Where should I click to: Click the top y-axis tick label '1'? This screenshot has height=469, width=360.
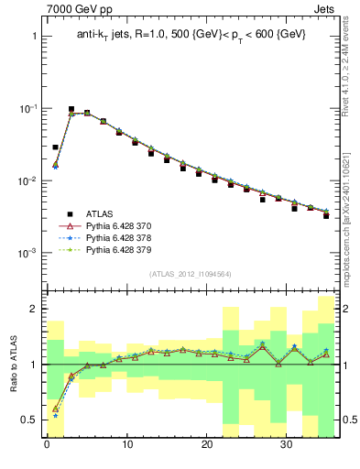click(33, 37)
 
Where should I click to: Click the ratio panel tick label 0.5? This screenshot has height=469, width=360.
click(29, 420)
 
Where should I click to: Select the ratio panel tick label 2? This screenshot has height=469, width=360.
click(33, 310)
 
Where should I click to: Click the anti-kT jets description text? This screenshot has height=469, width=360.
click(192, 34)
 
